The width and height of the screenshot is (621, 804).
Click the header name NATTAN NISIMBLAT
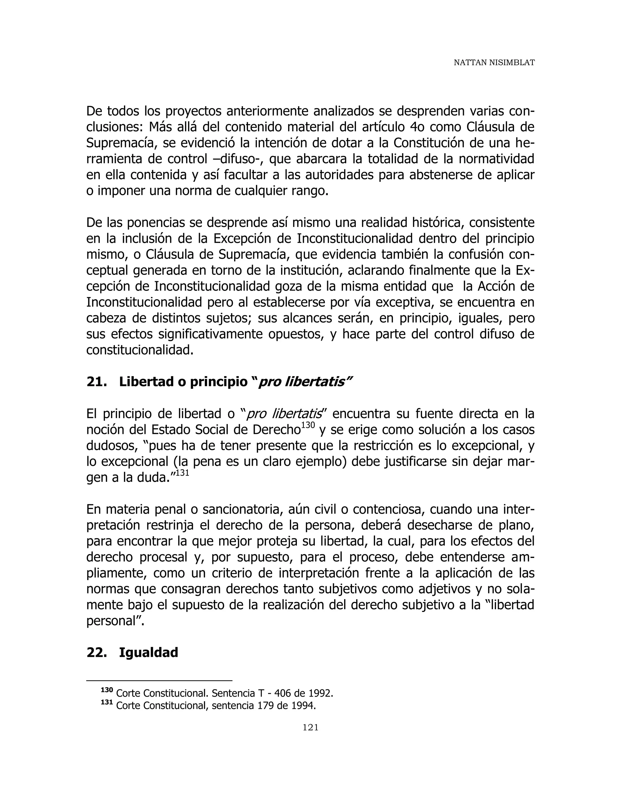(x=494, y=63)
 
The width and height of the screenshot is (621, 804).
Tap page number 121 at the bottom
(x=310, y=727)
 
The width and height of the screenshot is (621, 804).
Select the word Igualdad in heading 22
(x=148, y=652)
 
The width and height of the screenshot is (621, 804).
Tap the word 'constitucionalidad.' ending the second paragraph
(x=140, y=350)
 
